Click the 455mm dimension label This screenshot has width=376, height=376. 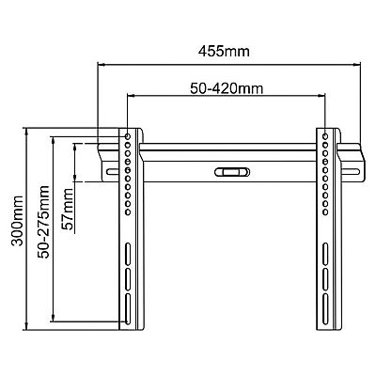point(224,52)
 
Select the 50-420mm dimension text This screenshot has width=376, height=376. point(227,88)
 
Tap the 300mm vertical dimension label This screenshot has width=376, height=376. point(17,221)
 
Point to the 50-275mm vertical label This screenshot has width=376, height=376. point(43,222)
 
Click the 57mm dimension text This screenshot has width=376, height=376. point(69,209)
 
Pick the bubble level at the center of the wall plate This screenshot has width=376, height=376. point(232,172)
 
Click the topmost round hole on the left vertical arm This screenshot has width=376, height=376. point(128,136)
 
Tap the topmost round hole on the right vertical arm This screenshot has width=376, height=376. point(325,136)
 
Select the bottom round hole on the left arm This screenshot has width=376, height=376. point(128,212)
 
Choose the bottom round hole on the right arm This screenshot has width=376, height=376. point(325,212)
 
